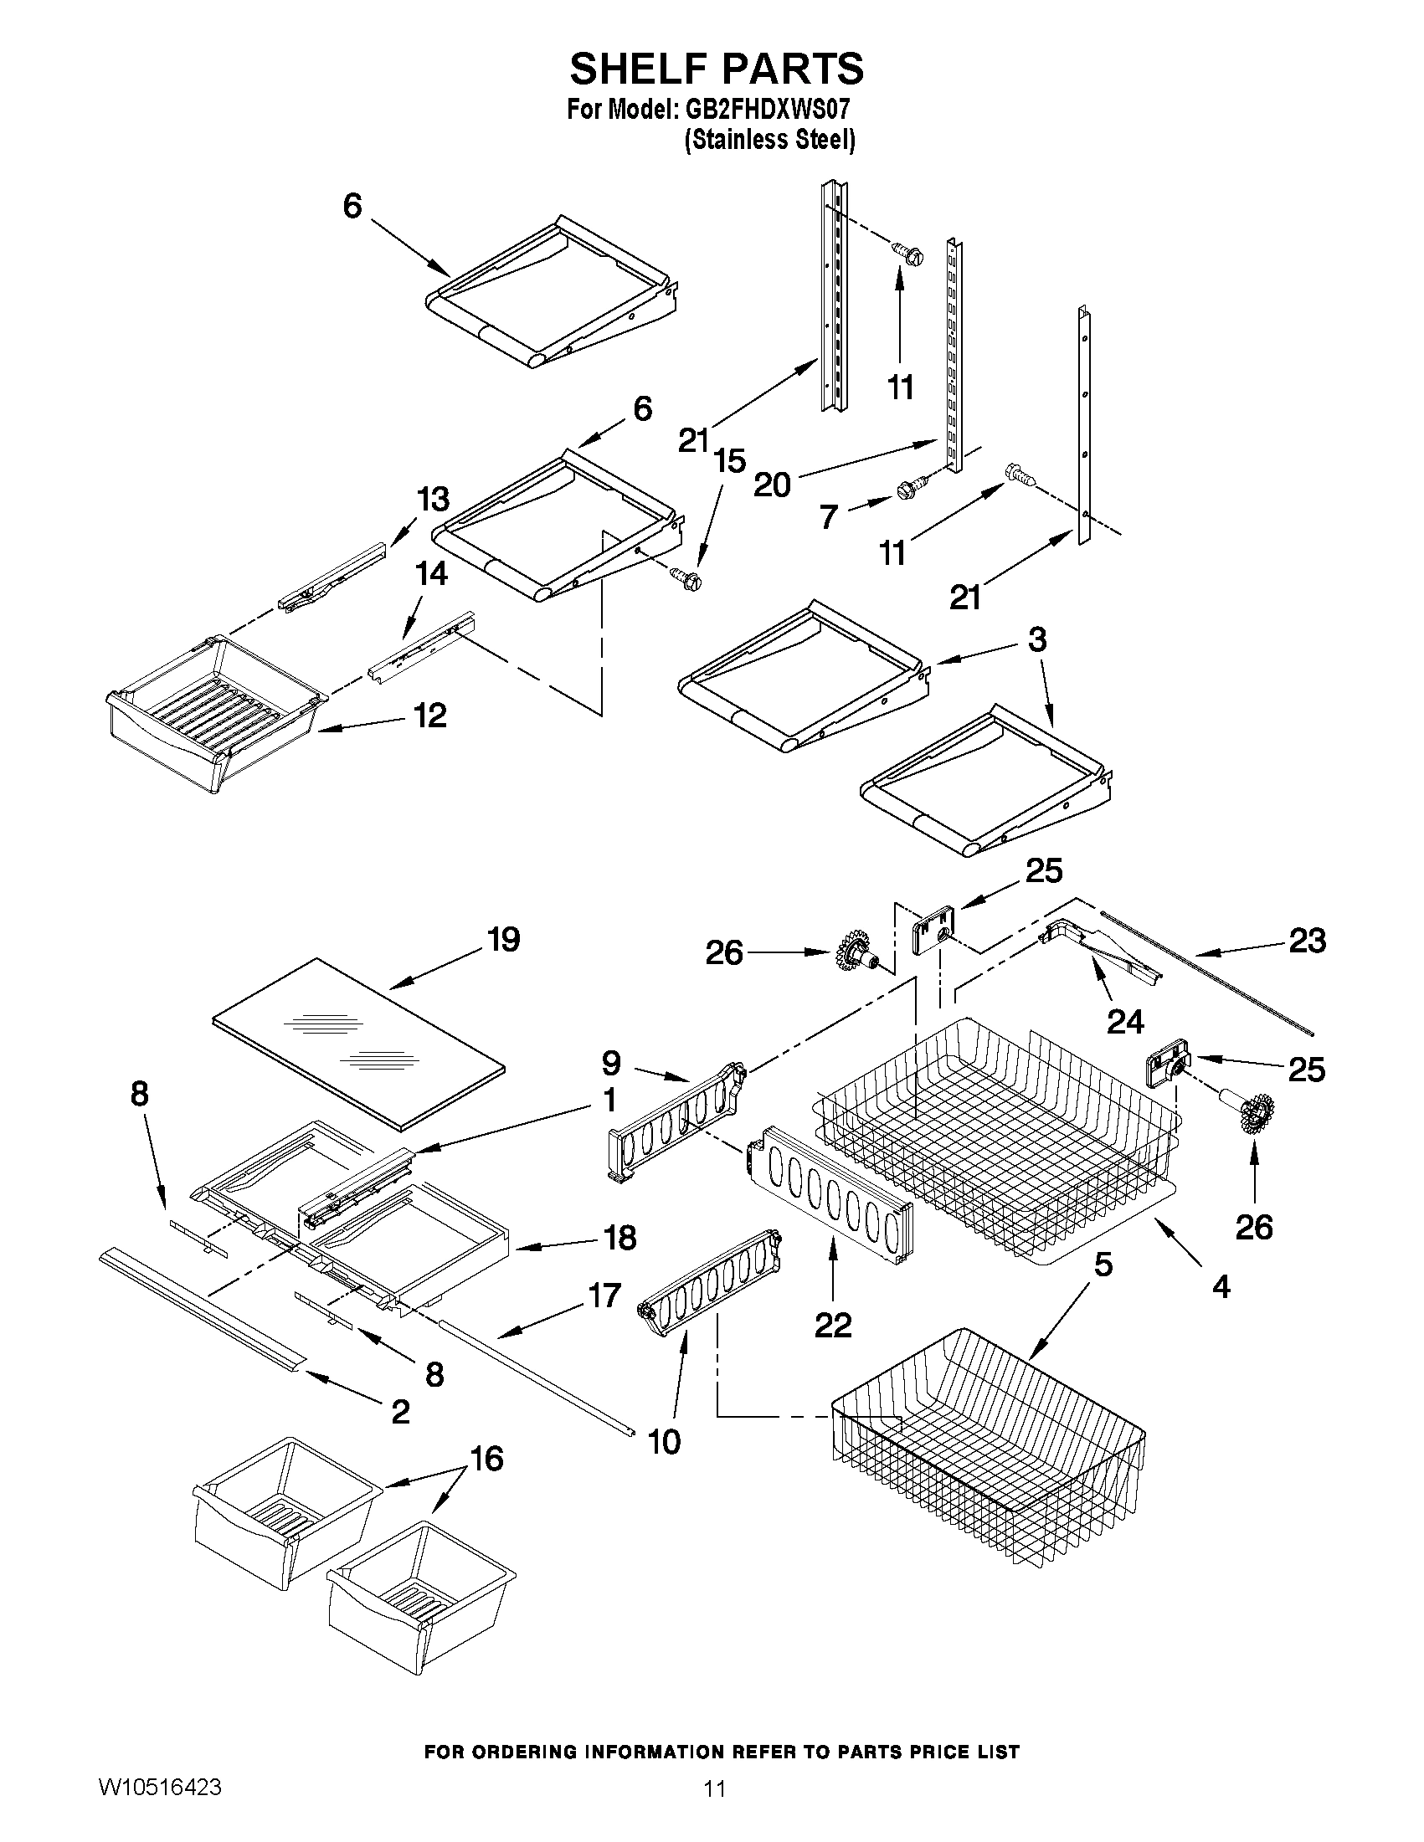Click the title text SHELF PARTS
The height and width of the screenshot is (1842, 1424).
point(717,69)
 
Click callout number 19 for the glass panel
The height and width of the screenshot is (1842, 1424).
point(504,939)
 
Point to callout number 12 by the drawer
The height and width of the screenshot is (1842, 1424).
point(429,716)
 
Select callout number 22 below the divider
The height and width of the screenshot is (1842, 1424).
point(833,1325)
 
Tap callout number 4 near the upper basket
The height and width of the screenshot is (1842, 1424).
point(1221,1285)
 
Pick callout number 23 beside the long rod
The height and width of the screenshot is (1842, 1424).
point(1307,940)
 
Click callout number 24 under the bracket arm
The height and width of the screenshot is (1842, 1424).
point(1124,1021)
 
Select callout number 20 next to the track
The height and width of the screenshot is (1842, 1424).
point(772,484)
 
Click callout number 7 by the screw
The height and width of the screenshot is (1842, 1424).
point(829,516)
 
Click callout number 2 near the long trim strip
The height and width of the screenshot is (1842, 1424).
point(400,1411)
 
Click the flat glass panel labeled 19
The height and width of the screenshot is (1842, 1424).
point(358,1042)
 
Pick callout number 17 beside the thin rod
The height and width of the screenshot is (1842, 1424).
point(604,1295)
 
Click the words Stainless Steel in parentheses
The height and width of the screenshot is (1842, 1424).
point(769,140)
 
